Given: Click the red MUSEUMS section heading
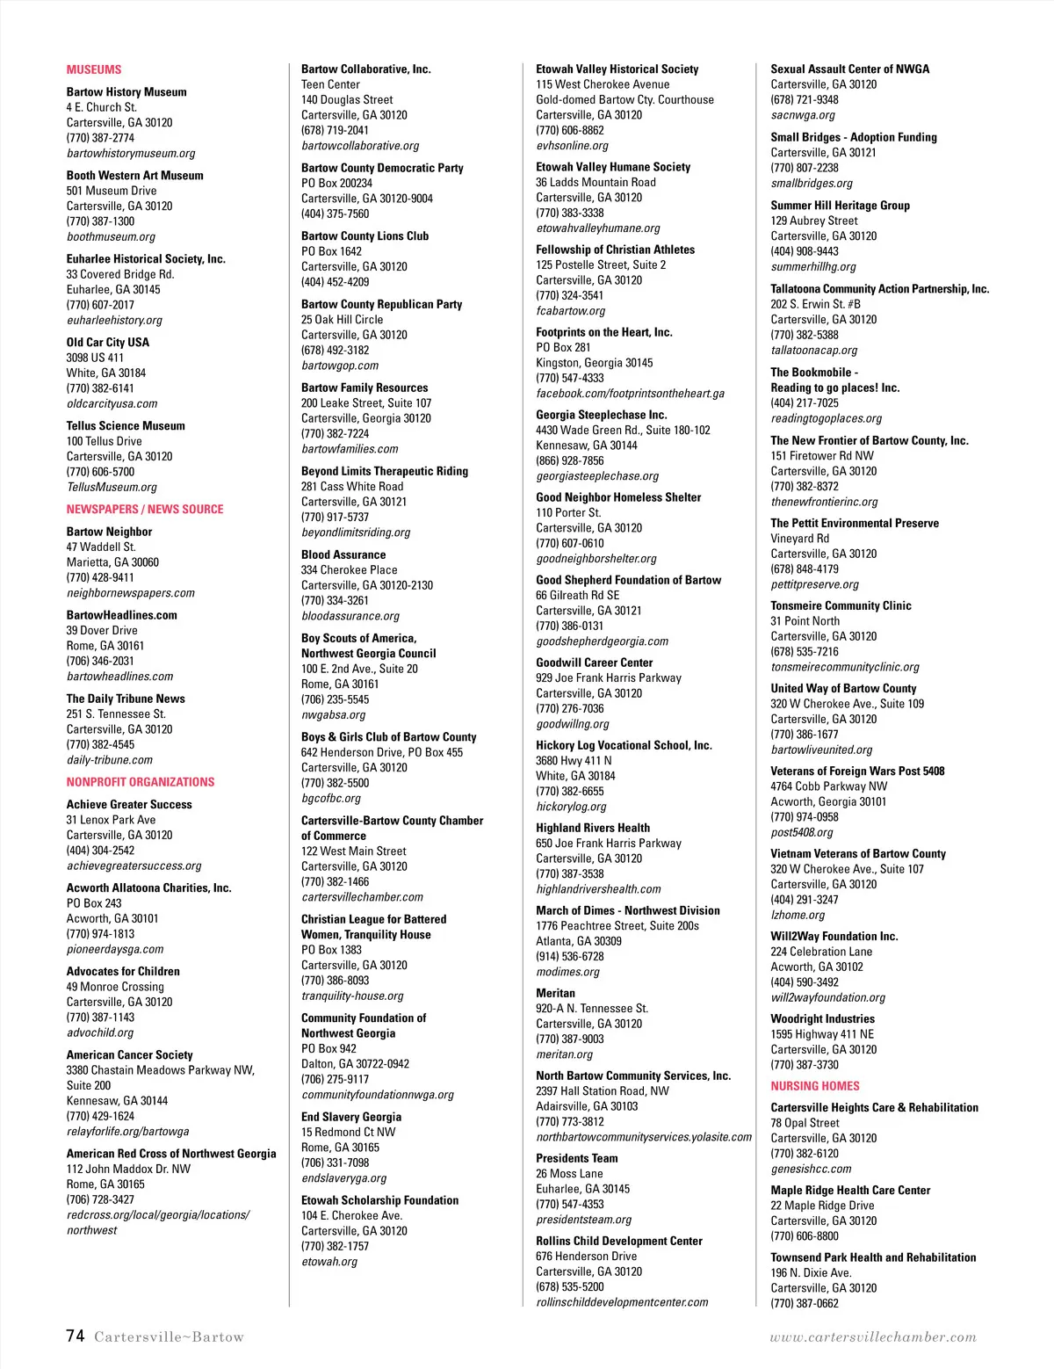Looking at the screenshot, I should [94, 69].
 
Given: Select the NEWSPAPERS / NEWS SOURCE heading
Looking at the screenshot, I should [145, 510].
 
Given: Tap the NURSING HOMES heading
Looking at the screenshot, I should [815, 1086].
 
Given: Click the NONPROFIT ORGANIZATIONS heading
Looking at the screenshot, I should [141, 782].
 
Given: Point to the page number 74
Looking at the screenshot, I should [76, 1336].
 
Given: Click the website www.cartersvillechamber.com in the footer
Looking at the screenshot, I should [873, 1337].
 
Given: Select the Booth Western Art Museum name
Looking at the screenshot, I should [134, 176].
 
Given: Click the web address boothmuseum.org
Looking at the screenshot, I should [111, 237].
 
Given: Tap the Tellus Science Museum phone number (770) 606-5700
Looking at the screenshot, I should [100, 472].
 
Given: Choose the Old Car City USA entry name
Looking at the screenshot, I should [108, 343].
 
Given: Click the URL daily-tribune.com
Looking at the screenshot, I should [110, 760].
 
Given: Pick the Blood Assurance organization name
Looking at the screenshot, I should [343, 555].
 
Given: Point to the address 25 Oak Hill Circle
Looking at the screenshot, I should [342, 320].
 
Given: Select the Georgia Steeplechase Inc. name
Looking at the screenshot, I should [602, 415].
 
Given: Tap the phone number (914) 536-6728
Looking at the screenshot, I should [570, 957].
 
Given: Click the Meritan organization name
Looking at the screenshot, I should [556, 994].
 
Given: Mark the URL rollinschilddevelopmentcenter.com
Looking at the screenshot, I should [622, 1302].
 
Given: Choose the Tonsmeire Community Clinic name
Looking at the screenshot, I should [841, 606].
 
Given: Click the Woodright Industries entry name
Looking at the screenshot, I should [823, 1019].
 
